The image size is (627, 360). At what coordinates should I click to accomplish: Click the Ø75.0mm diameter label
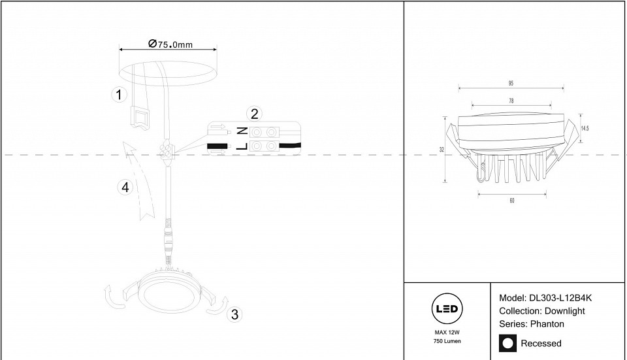point(170,44)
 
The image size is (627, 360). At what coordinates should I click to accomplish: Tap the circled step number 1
point(119,95)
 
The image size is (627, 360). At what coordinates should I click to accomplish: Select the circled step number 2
point(255,114)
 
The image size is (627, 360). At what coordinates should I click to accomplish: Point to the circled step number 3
point(234,314)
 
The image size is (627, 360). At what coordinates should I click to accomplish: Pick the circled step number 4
point(125,188)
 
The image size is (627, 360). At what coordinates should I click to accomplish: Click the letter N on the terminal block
point(242,131)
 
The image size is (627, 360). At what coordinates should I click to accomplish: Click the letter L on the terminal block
point(242,146)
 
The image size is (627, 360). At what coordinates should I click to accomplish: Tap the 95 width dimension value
point(511,83)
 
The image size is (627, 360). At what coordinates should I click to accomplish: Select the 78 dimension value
point(511,101)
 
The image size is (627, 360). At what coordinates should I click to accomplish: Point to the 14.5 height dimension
point(585,129)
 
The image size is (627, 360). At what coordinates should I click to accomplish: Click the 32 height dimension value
point(442,150)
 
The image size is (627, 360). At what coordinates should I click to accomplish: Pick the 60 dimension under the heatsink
point(512,201)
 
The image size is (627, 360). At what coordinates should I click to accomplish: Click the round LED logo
point(447,309)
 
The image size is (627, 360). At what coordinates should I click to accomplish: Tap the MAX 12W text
point(447,333)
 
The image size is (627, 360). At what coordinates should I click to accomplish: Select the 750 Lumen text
point(447,341)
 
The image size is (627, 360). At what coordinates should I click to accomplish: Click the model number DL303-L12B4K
point(560,298)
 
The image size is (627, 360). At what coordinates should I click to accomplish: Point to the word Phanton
point(547,324)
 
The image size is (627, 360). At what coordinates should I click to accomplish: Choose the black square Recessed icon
point(508,343)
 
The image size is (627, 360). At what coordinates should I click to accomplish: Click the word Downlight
point(564,311)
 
